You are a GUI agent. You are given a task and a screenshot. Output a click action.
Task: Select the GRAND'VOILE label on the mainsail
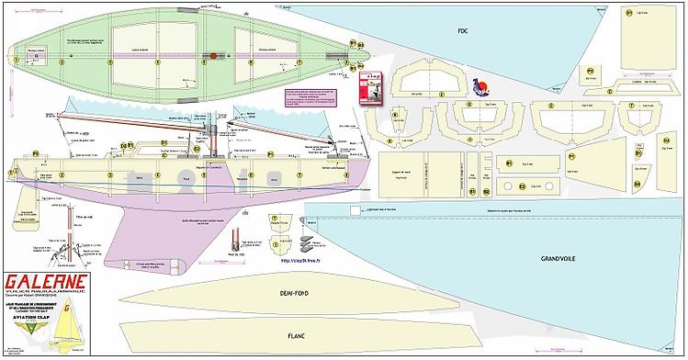[x=558, y=258]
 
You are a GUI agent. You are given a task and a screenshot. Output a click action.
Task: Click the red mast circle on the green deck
[x=212, y=58]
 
